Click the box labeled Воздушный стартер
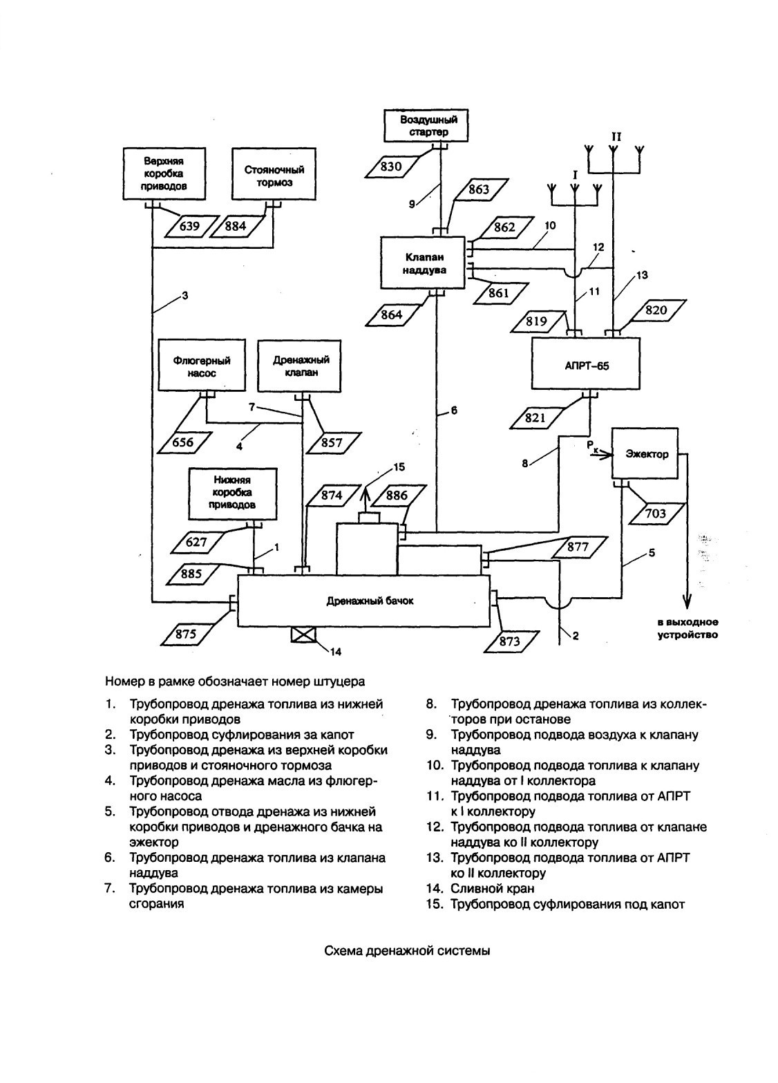click(427, 126)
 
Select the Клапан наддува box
click(423, 263)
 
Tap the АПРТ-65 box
click(586, 363)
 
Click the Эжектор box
click(645, 453)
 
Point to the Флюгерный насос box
click(202, 366)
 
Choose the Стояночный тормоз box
click(274, 174)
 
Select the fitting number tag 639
click(189, 226)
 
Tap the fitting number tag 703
click(655, 514)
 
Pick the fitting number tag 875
click(186, 633)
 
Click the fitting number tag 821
click(535, 417)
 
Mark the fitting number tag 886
click(397, 496)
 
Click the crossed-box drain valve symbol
click(303, 635)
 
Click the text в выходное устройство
click(687, 628)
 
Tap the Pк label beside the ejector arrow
click(592, 446)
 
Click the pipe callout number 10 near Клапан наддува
click(550, 225)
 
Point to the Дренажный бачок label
click(370, 601)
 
